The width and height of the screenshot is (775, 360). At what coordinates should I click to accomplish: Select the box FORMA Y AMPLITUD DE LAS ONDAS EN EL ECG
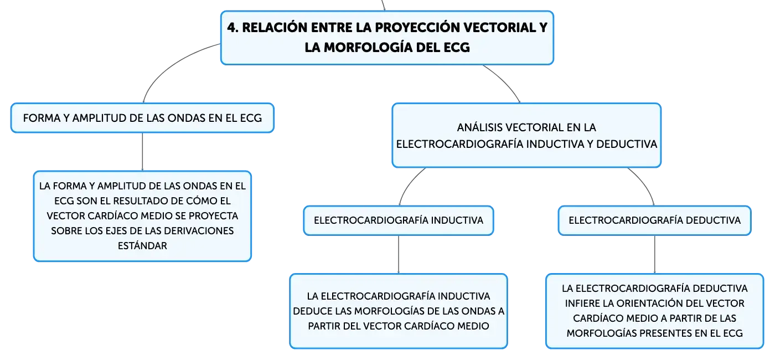(143, 118)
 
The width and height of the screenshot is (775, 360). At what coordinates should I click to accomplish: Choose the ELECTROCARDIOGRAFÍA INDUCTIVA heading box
(399, 220)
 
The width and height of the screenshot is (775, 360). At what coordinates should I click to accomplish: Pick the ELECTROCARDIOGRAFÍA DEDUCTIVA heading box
(654, 220)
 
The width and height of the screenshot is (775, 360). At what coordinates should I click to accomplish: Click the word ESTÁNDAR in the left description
(143, 245)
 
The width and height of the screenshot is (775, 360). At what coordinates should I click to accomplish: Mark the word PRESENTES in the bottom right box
(660, 333)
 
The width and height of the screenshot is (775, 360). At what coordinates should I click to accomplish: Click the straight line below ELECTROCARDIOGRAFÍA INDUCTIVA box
(399, 254)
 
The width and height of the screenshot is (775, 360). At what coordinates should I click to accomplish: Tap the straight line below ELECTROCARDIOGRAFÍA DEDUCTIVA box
(654, 254)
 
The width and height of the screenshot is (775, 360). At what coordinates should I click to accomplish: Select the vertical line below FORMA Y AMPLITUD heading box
(143, 152)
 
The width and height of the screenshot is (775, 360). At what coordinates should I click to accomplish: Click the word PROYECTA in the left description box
(213, 215)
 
